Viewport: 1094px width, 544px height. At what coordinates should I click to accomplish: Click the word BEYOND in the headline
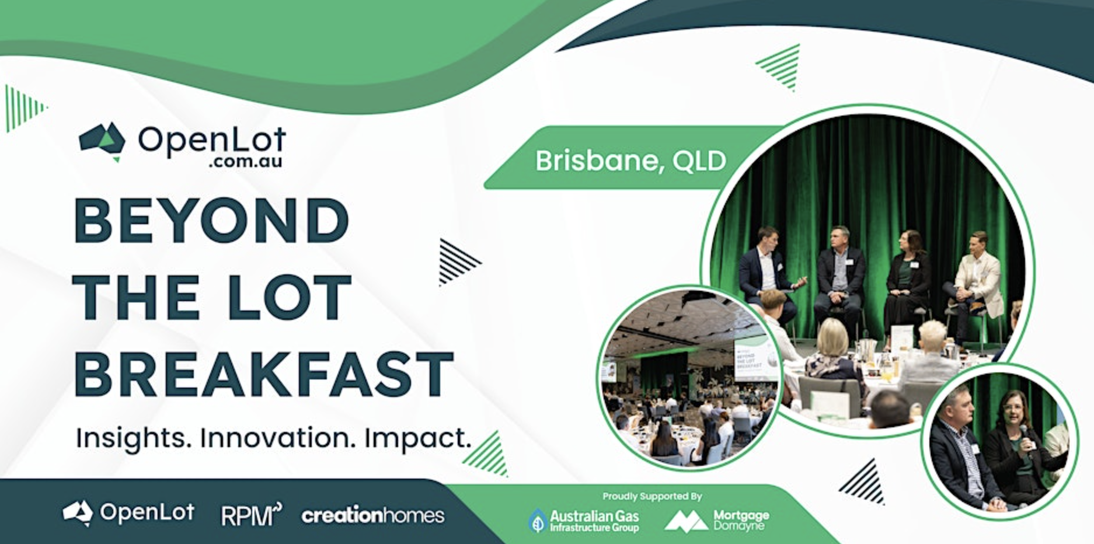212,221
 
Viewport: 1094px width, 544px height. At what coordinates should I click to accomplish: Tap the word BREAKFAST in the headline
264,373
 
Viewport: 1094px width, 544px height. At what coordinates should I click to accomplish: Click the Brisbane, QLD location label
630,161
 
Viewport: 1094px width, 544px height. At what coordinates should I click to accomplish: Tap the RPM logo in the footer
251,515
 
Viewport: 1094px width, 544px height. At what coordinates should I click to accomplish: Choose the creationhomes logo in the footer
373,515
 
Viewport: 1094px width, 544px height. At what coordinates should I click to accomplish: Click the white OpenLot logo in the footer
128,512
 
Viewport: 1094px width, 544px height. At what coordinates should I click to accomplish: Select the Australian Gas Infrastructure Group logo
584,519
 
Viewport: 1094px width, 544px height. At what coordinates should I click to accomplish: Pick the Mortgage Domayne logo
717,519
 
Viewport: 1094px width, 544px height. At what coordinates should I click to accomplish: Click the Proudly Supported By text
652,496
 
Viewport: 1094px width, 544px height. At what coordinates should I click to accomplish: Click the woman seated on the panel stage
907,280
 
